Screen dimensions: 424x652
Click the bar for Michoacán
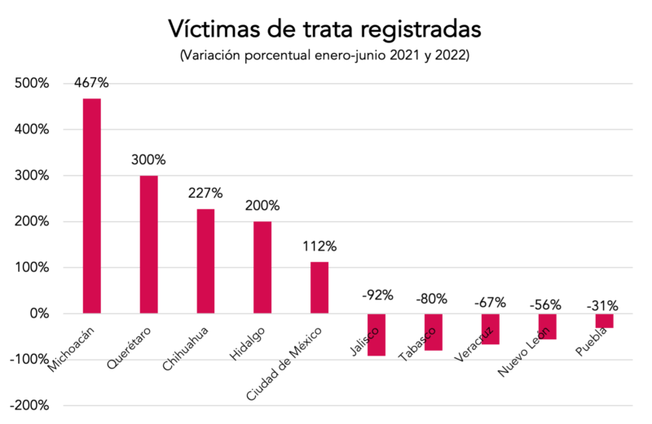pos(91,206)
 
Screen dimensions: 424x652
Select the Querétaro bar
pos(148,244)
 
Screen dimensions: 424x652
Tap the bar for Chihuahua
pos(205,261)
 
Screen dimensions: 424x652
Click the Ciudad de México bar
pos(319,287)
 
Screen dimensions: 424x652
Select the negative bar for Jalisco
pos(376,334)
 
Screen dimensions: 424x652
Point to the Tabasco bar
pos(433,332)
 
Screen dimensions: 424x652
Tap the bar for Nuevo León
pos(547,326)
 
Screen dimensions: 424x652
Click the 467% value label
pos(91,83)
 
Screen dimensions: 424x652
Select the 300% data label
pos(148,160)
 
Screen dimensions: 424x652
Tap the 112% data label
pos(319,246)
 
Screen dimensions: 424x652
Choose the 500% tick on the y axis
pos(32,84)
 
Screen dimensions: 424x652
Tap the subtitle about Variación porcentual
pos(325,56)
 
